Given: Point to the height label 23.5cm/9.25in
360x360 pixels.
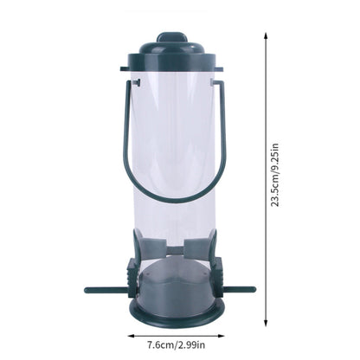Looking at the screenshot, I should click(x=275, y=176).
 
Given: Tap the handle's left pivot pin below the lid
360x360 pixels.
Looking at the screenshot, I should click(x=137, y=83).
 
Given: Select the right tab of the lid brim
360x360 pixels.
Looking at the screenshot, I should click(x=220, y=67).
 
